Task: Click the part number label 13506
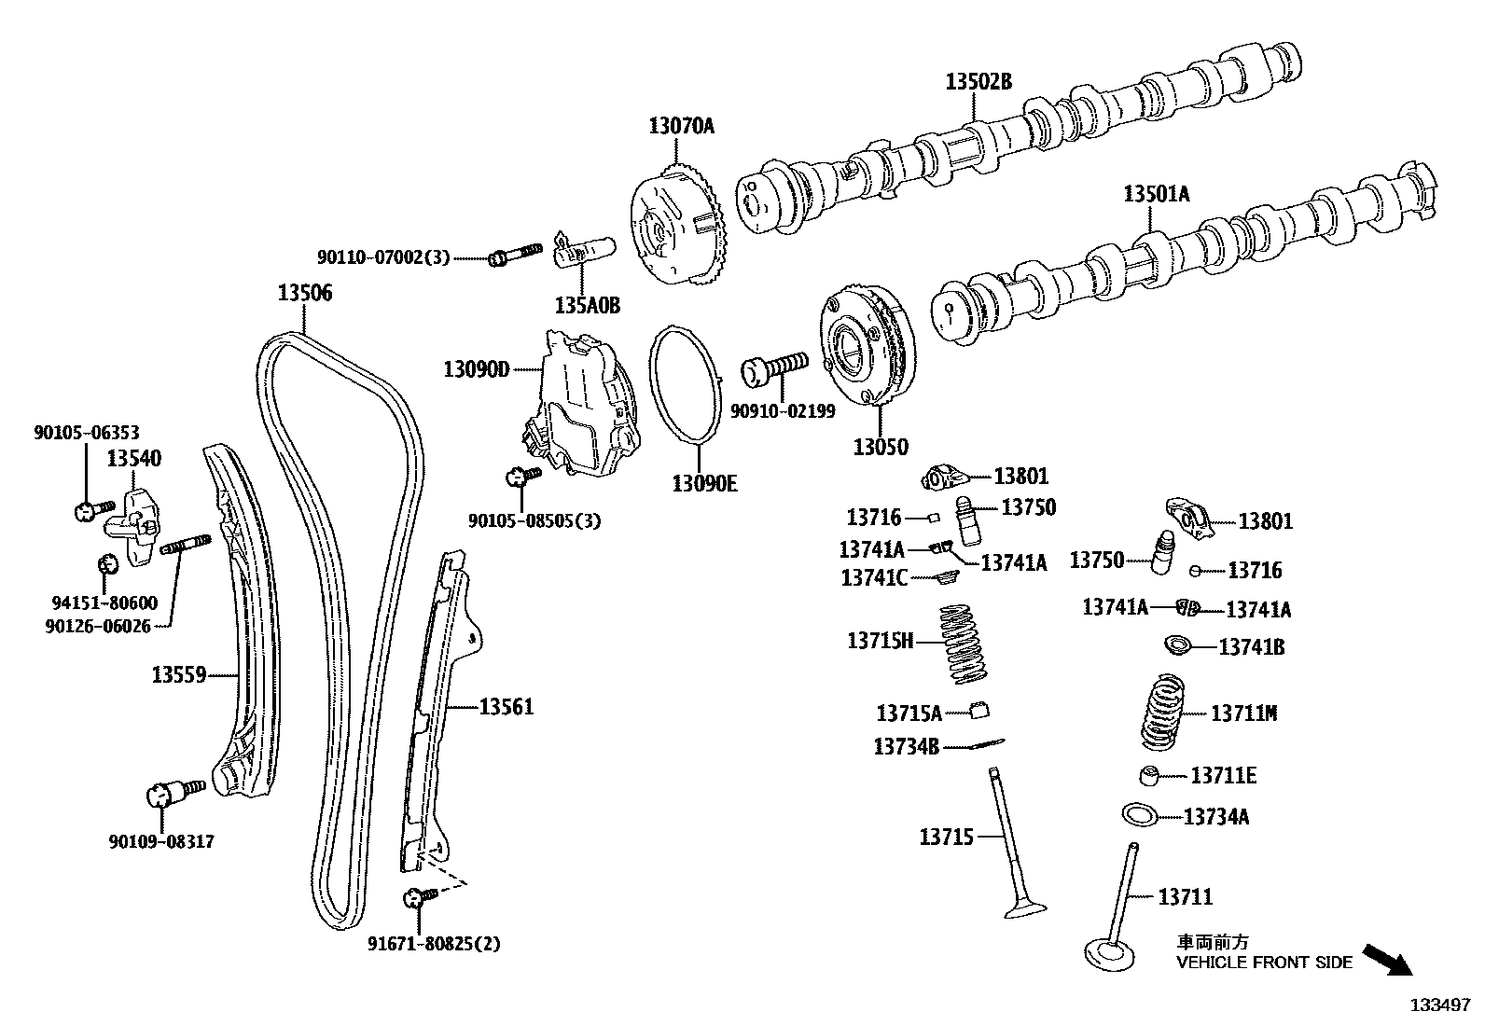[304, 294]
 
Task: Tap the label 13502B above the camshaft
[978, 82]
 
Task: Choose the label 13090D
[477, 370]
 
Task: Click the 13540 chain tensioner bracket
[133, 528]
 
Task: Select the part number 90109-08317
[161, 841]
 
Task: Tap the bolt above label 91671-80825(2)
[419, 897]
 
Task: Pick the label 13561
[507, 707]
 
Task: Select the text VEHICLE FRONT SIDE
[1264, 963]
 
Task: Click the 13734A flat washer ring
[1141, 813]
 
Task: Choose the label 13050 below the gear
[880, 447]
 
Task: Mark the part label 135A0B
[587, 305]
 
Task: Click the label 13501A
[1157, 194]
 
